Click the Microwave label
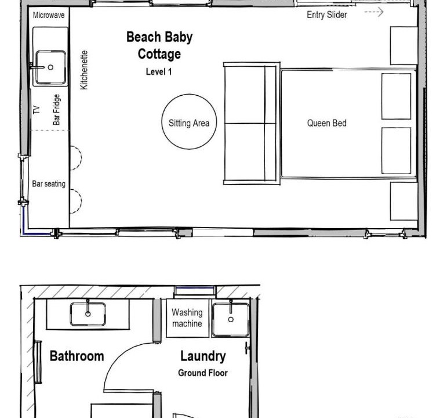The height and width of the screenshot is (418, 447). click(49, 15)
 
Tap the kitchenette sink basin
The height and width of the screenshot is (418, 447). click(51, 67)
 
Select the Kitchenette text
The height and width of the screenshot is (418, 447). click(84, 70)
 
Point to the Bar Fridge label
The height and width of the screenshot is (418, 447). click(56, 110)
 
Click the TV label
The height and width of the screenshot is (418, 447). click(37, 110)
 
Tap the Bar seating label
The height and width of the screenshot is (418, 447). click(49, 184)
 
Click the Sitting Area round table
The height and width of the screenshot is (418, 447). click(189, 94)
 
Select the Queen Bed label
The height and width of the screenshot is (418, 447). click(326, 123)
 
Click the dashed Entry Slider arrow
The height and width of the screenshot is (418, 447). click(374, 12)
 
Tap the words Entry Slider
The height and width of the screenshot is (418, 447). click(327, 15)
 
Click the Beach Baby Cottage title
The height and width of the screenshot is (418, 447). click(159, 46)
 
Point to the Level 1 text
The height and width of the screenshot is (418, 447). click(159, 71)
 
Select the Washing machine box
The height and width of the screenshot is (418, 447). click(188, 318)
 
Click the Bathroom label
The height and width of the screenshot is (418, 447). click(77, 356)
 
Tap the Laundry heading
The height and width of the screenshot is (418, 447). click(203, 356)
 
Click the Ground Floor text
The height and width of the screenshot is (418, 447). click(203, 373)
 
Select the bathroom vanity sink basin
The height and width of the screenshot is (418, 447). click(88, 314)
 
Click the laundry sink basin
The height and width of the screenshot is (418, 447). click(231, 320)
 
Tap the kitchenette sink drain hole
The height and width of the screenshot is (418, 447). click(50, 67)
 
